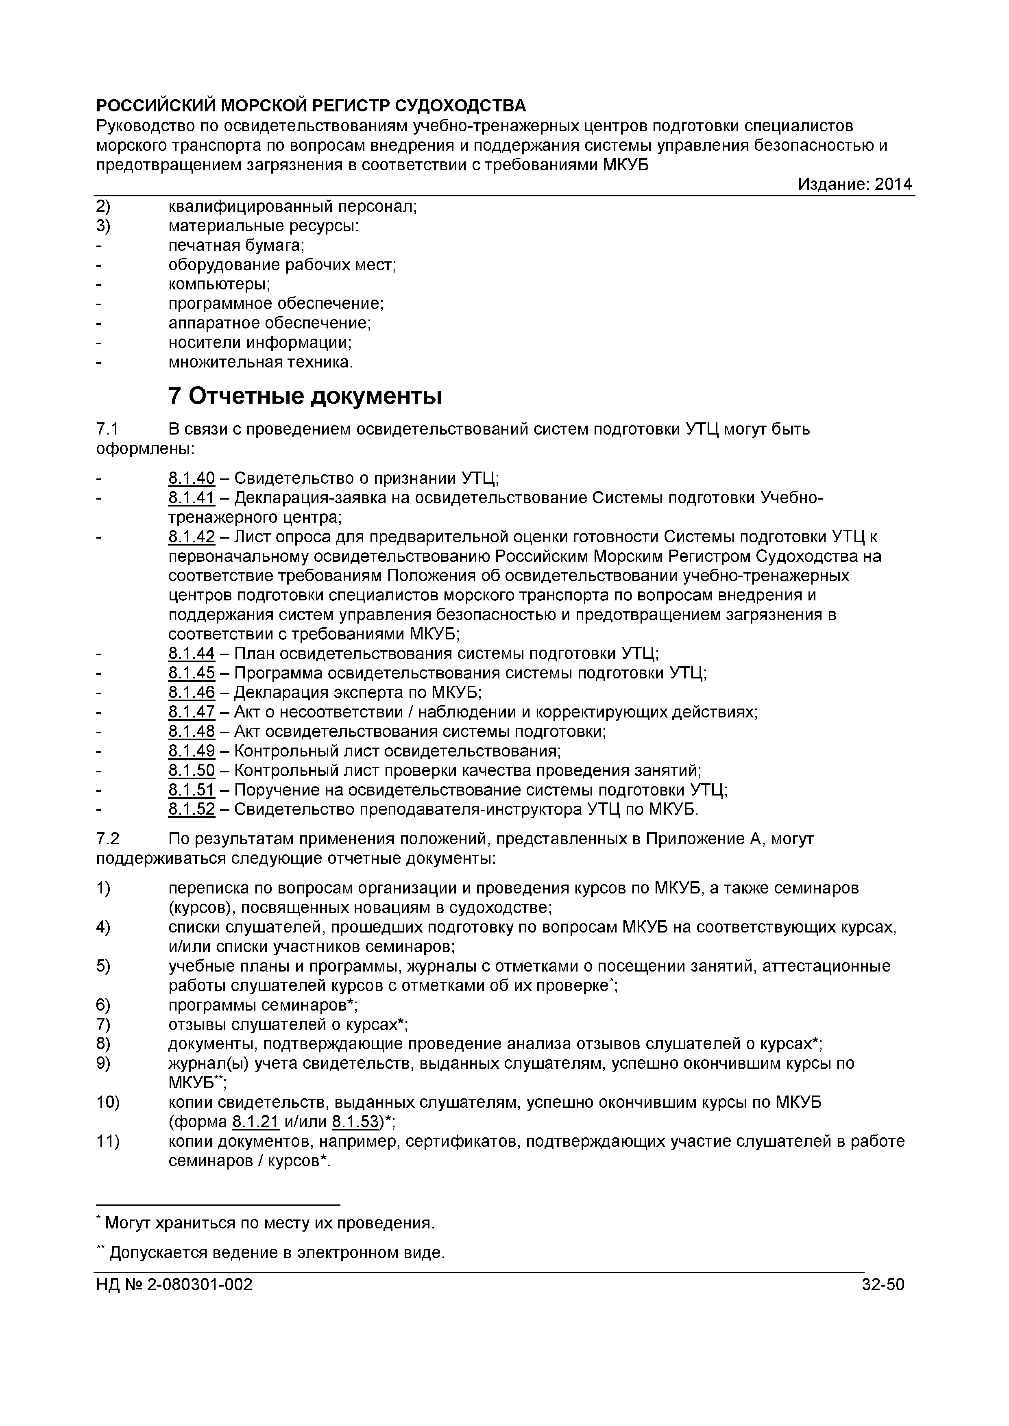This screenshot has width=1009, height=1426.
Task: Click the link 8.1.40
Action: [x=192, y=478]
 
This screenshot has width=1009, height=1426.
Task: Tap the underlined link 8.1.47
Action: [x=192, y=712]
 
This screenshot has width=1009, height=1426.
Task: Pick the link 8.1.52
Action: [x=192, y=809]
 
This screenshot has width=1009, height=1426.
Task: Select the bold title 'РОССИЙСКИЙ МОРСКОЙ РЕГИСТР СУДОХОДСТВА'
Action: [x=311, y=106]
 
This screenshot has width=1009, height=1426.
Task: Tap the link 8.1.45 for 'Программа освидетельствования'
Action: [x=192, y=673]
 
